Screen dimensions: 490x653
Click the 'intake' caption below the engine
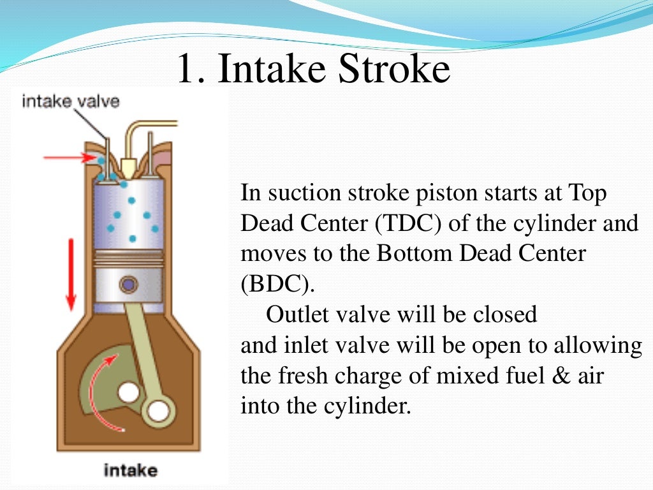point(130,471)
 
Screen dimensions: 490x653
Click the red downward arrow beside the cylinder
point(71,274)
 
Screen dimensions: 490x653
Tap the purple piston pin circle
point(130,283)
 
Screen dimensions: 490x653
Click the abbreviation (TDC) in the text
point(407,224)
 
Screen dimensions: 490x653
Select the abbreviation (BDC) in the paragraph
point(277,284)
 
